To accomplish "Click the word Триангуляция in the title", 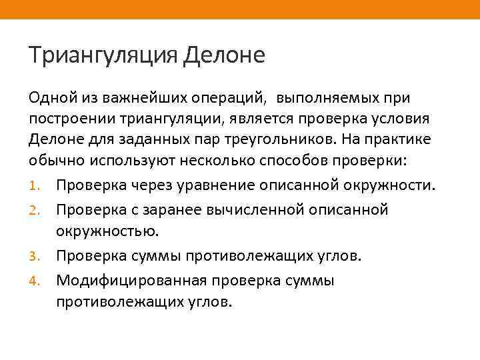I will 103,55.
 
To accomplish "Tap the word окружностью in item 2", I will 107,231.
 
